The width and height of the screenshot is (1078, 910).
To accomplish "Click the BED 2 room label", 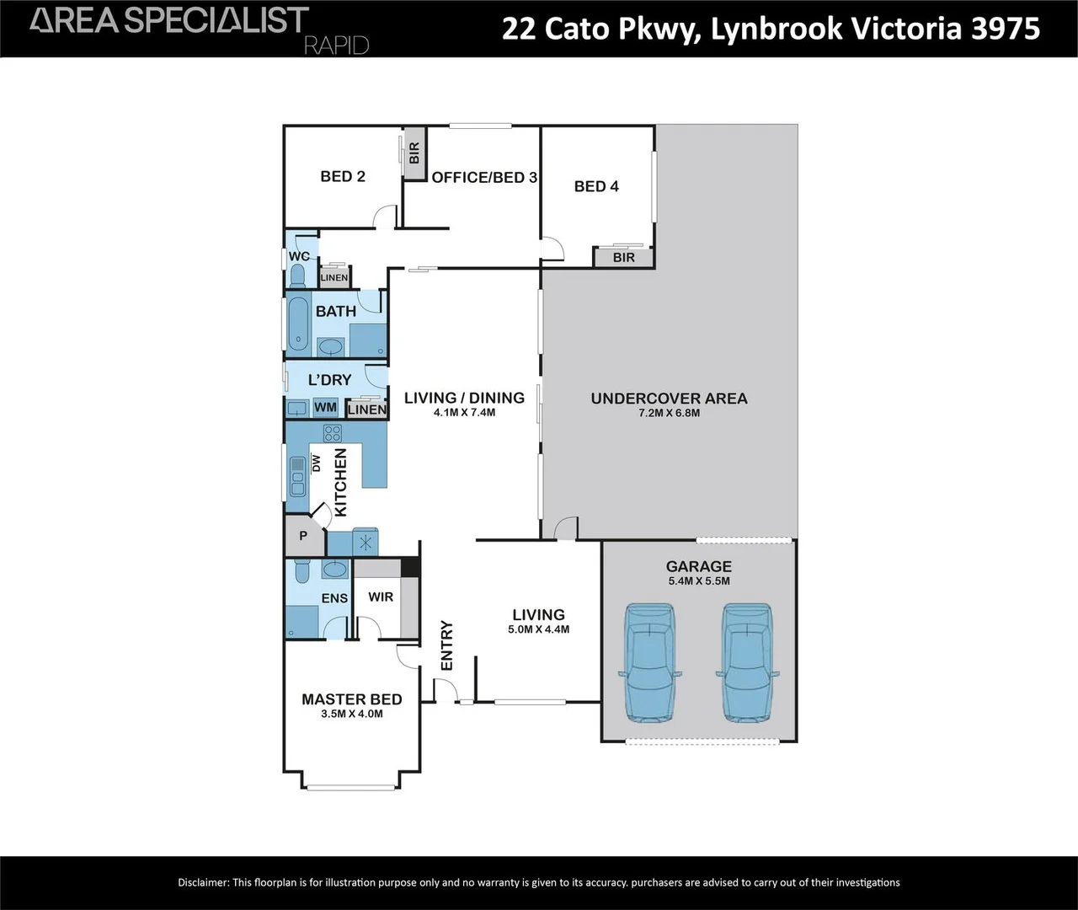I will click(x=343, y=176).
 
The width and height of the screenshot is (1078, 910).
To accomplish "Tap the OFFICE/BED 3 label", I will click(x=484, y=177).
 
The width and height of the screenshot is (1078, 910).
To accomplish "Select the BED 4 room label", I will click(x=596, y=186).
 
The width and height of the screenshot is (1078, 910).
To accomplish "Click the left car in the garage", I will click(x=648, y=662).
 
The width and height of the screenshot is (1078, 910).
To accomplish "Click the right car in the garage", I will click(x=746, y=662).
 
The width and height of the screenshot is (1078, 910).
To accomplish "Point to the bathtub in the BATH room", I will click(x=298, y=324).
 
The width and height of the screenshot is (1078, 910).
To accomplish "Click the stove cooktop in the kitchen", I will click(x=333, y=433).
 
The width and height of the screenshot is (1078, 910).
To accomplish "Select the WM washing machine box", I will click(x=325, y=408).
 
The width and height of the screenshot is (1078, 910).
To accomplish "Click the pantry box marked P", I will click(x=302, y=536).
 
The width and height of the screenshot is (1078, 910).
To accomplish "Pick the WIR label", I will click(x=381, y=597).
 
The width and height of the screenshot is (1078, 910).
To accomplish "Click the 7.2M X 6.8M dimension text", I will click(x=669, y=413).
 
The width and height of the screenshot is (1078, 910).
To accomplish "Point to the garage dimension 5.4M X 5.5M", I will click(x=698, y=581).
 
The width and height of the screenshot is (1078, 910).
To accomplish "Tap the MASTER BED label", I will click(x=352, y=699).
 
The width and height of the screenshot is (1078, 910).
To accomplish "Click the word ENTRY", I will click(x=446, y=646).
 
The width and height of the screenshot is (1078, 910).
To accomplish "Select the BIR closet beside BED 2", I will click(x=414, y=153).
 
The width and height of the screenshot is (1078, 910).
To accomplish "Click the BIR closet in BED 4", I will click(x=623, y=257).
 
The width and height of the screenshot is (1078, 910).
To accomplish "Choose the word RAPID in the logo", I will click(x=336, y=45).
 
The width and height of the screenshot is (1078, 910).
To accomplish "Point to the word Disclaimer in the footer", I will click(x=203, y=882).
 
